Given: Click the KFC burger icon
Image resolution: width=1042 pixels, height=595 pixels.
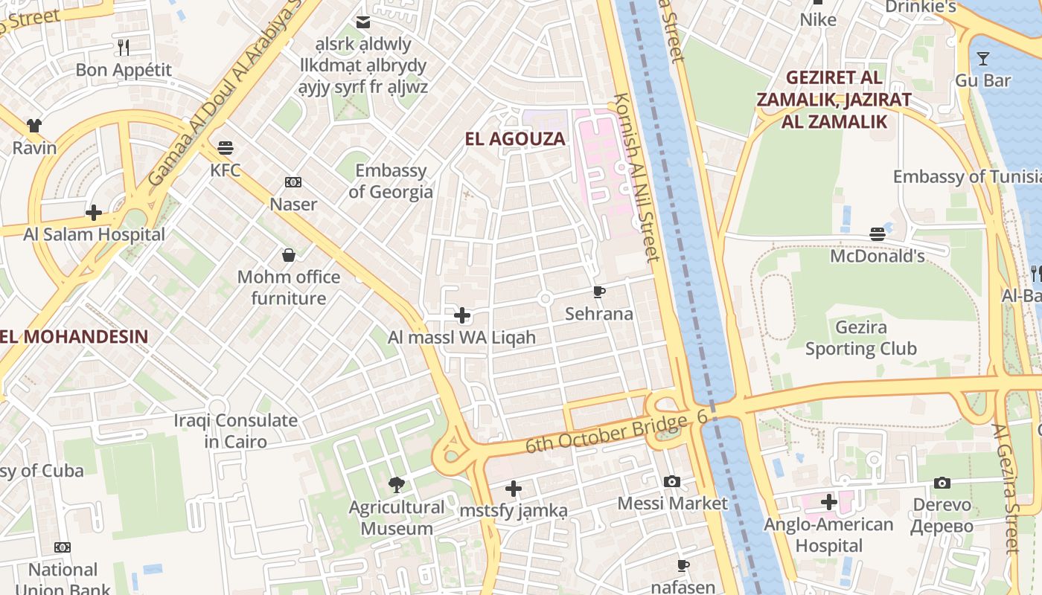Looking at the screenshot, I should tap(226, 148).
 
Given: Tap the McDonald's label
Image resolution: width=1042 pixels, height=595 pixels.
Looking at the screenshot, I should tap(878, 256).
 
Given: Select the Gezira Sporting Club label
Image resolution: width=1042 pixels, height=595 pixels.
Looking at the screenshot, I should tap(860, 338).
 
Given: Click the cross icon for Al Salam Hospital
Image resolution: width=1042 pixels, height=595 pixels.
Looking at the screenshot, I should tap(94, 213).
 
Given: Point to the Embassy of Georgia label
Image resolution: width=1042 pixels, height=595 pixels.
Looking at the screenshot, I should tap(391, 181).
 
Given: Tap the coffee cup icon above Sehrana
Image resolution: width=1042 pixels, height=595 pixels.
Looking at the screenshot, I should tap(599, 292).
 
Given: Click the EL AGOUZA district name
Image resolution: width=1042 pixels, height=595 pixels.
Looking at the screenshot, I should tap(515, 139).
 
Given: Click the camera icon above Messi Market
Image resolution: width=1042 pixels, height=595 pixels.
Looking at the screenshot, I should tap(672, 481).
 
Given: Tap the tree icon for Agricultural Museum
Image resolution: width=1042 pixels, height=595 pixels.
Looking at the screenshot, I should tap(397, 485).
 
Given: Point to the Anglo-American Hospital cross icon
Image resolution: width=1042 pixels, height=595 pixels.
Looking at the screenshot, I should tap(829, 502).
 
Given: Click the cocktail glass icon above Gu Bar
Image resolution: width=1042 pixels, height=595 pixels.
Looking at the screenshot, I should tap(983, 58).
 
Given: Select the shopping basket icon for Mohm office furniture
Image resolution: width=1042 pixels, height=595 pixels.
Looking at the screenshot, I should tap(289, 256).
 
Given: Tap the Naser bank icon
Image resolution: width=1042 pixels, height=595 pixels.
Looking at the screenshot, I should tap(293, 182).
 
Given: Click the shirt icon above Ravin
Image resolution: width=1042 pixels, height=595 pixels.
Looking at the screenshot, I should tap(34, 126).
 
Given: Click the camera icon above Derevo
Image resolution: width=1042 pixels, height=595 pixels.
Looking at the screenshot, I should tap(942, 483).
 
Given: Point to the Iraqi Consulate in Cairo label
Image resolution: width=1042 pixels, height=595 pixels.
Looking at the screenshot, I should tap(236, 431).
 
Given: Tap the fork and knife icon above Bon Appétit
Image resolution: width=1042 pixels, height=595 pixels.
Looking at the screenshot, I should tap(124, 48).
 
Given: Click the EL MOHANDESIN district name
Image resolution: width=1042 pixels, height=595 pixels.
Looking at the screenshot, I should tap(74, 336).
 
